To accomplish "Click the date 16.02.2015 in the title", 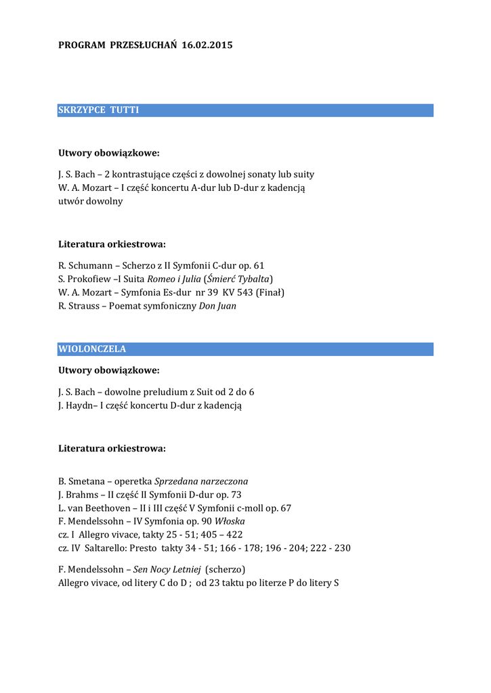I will tap(207, 45).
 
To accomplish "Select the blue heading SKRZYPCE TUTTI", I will tap(99, 110).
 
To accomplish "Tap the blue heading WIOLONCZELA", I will tap(92, 349).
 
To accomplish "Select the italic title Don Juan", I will tap(217, 306).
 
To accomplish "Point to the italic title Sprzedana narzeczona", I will tap(201, 481).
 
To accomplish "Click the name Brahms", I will tap(84, 495).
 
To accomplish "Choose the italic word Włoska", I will tap(230, 522).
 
